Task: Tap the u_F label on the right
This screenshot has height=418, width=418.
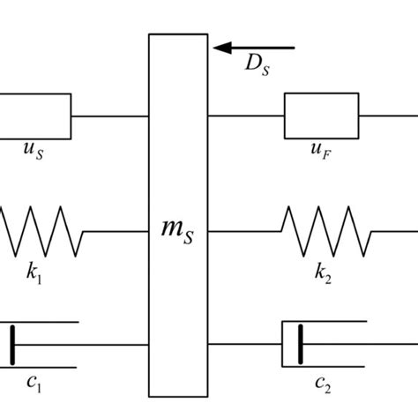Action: coord(320,151)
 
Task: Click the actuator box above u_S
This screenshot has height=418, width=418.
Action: coord(35,115)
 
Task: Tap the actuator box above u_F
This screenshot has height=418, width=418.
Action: coord(320,115)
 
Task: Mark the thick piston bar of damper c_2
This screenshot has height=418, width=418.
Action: coord(301,343)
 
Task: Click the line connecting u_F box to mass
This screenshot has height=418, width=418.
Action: coord(246,115)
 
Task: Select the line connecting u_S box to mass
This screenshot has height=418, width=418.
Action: coord(109,115)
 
